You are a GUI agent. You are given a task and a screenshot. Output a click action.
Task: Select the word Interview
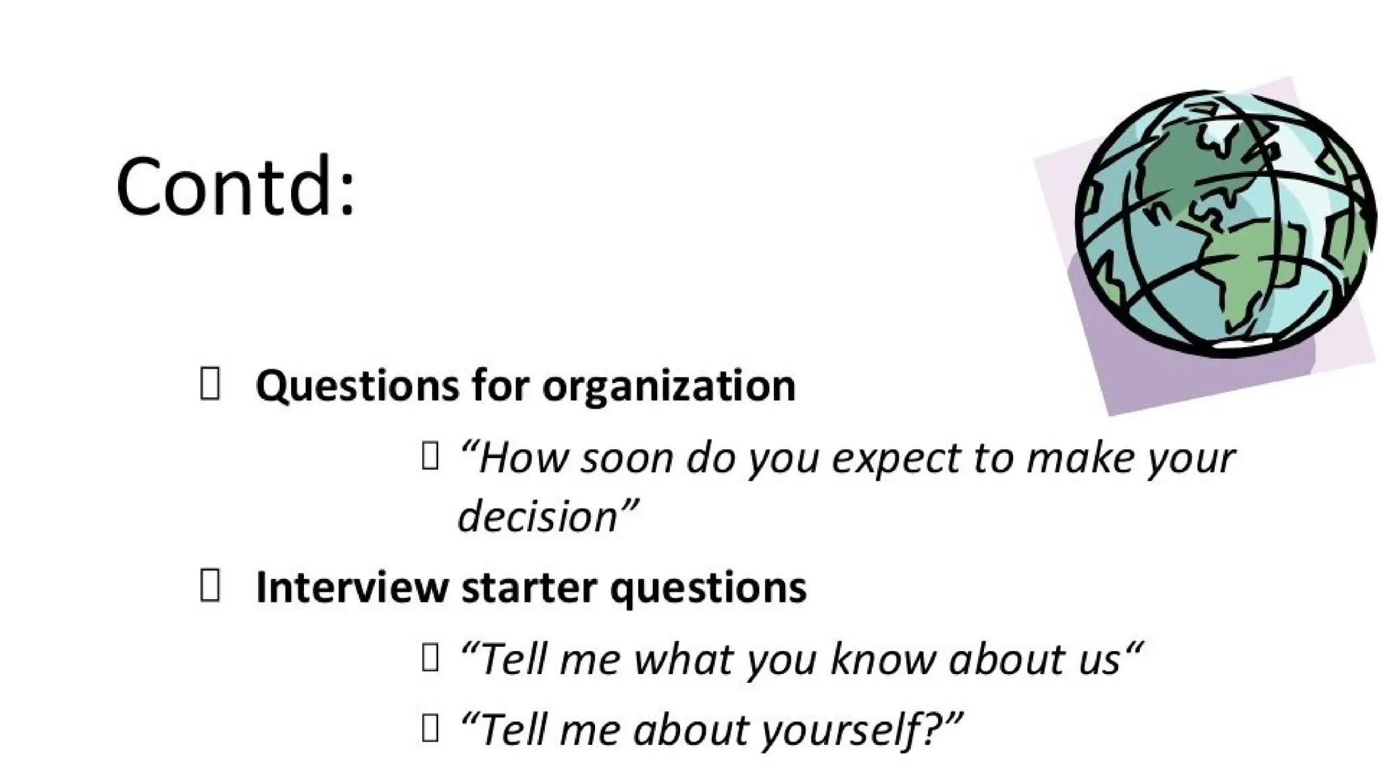click(351, 587)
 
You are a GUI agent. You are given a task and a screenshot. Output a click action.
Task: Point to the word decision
click(538, 516)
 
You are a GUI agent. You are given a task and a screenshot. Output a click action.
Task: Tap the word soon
click(627, 459)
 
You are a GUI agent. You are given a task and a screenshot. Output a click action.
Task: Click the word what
click(685, 658)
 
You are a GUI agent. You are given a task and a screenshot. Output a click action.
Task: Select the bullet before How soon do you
click(430, 456)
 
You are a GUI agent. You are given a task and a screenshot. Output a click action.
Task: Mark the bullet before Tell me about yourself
click(430, 728)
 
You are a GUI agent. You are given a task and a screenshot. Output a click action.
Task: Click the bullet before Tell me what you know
click(430, 657)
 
